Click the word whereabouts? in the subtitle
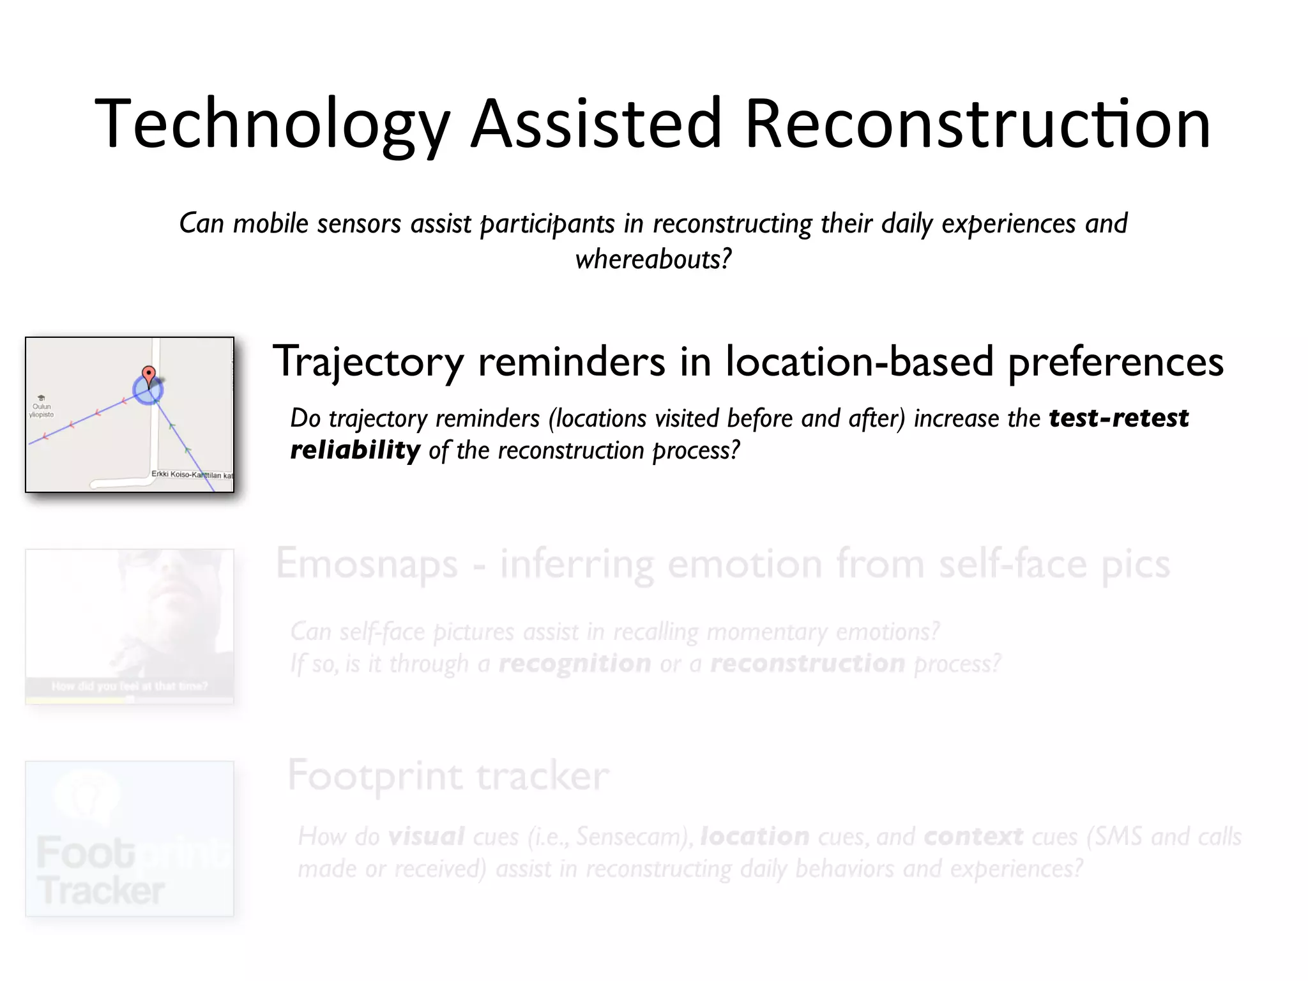pyautogui.click(x=653, y=259)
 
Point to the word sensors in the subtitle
pyautogui.click(x=360, y=224)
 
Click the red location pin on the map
pyautogui.click(x=148, y=374)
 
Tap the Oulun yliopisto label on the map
pyautogui.click(x=42, y=409)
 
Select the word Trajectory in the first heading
pyautogui.click(x=368, y=362)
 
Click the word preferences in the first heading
pyautogui.click(x=1115, y=362)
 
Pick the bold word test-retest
pyautogui.click(x=1118, y=418)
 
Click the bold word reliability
pyautogui.click(x=355, y=450)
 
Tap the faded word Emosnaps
pyautogui.click(x=367, y=565)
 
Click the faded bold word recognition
pyautogui.click(x=575, y=664)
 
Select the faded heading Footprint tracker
pyautogui.click(x=448, y=776)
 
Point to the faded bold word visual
pyautogui.click(x=426, y=837)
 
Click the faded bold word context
pyautogui.click(x=973, y=837)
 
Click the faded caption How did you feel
pyautogui.click(x=129, y=687)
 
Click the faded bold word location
pyautogui.click(x=754, y=837)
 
